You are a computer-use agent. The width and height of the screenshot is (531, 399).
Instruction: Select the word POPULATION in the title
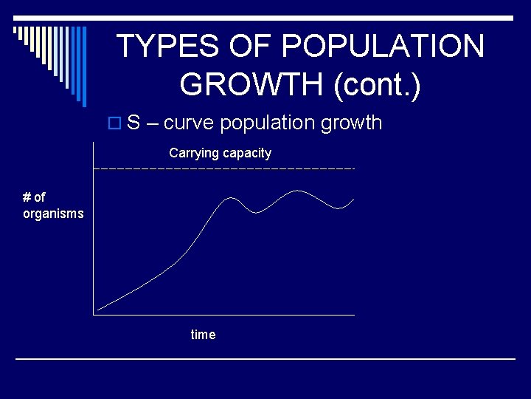click(x=383, y=47)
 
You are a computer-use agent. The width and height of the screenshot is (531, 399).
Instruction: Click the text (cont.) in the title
click(x=377, y=85)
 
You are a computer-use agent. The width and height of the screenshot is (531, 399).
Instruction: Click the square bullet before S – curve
click(x=114, y=123)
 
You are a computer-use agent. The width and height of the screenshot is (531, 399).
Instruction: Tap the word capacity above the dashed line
click(x=248, y=154)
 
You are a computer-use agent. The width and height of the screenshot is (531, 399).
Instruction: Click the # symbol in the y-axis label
click(x=27, y=197)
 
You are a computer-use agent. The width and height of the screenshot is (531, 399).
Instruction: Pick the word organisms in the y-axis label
click(x=53, y=214)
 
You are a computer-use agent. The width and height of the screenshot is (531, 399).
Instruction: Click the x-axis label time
click(x=203, y=335)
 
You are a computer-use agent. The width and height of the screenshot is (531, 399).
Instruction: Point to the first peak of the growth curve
click(x=232, y=198)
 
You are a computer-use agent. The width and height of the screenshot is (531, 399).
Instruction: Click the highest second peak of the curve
click(x=297, y=191)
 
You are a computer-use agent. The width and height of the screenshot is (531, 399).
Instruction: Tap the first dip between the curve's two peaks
click(x=256, y=212)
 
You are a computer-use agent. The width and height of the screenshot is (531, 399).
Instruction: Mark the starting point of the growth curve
click(x=97, y=309)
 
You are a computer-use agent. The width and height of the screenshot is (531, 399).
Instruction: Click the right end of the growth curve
click(x=354, y=199)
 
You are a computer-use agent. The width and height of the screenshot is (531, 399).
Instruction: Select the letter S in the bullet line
click(x=133, y=123)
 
